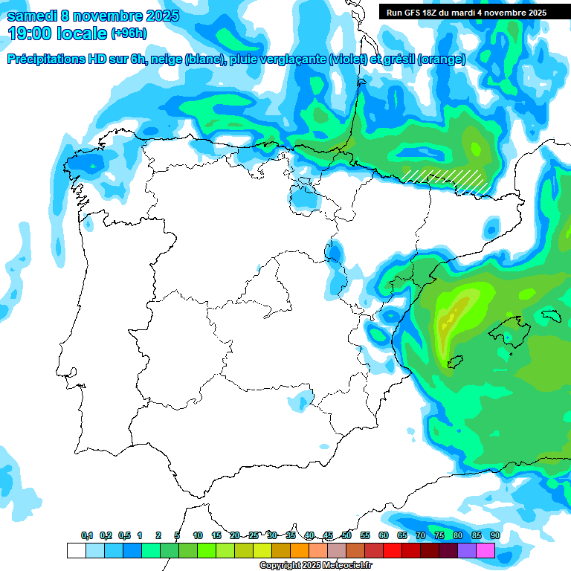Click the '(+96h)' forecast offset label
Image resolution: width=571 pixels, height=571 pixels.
129,33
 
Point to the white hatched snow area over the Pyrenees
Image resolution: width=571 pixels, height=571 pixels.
446,179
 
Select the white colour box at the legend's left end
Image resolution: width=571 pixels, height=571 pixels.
76,551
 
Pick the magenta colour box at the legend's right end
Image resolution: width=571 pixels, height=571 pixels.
485,551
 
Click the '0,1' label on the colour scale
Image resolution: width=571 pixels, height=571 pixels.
87,536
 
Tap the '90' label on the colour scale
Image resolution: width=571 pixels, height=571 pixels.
494,536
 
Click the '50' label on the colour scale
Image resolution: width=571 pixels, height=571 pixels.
346,536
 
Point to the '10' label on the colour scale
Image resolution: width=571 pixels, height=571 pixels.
198,536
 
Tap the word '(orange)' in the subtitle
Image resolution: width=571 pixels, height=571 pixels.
442,59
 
